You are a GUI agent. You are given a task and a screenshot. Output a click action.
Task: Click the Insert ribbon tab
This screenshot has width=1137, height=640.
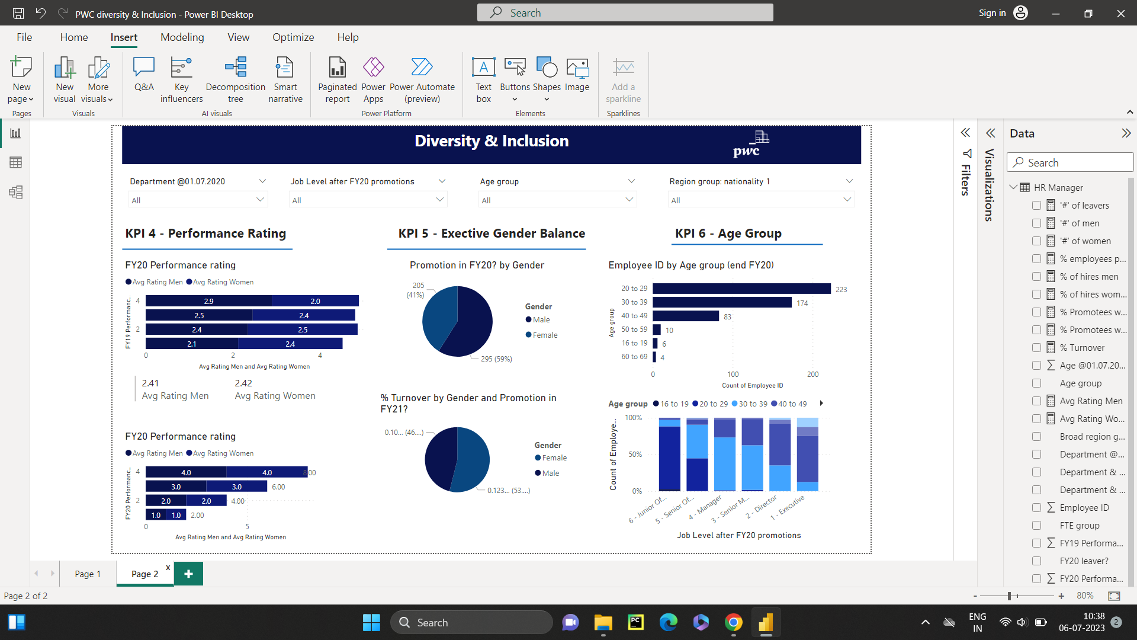pyautogui.click(x=124, y=37)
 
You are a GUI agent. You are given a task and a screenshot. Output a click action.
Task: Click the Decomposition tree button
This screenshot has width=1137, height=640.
pyautogui.click(x=235, y=80)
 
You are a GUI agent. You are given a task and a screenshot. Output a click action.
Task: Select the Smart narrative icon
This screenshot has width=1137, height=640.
pyautogui.click(x=285, y=68)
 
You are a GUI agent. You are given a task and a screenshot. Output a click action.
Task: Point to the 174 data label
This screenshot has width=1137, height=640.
pyautogui.click(x=802, y=303)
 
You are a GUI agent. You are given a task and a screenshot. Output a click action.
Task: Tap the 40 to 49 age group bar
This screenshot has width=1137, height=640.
pyautogui.click(x=685, y=316)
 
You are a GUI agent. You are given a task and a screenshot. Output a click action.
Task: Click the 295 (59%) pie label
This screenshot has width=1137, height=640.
pyautogui.click(x=496, y=359)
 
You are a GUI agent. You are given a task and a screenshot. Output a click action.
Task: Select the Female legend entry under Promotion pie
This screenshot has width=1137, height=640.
pyautogui.click(x=544, y=335)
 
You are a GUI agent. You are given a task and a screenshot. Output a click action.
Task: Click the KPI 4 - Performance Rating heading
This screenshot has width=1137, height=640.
pyautogui.click(x=205, y=233)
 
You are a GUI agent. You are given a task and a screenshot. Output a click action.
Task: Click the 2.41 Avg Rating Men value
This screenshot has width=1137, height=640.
pyautogui.click(x=150, y=383)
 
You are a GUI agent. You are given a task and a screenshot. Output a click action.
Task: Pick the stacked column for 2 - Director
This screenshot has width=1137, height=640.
pyautogui.click(x=780, y=455)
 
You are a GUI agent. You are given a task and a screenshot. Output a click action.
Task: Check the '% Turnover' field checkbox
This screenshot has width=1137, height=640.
pyautogui.click(x=1036, y=348)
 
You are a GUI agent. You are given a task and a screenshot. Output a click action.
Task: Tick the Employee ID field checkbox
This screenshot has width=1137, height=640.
pyautogui.click(x=1036, y=508)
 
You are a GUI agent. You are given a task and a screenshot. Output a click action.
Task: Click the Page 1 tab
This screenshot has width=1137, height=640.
pyautogui.click(x=88, y=574)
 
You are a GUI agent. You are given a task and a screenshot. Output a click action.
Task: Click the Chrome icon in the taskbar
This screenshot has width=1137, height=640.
pyautogui.click(x=733, y=623)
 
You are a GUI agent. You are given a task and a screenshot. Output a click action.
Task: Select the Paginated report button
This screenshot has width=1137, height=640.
pyautogui.click(x=337, y=80)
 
